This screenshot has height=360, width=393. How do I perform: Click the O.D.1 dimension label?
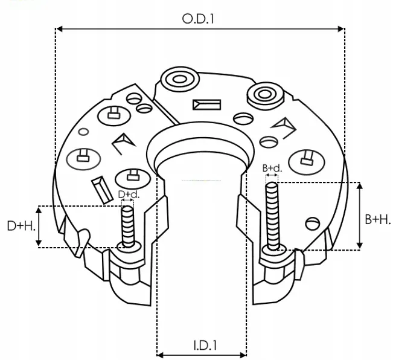tap(199, 18)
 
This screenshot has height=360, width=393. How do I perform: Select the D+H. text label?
tap(21, 226)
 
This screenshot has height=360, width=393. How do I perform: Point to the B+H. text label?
tap(378, 219)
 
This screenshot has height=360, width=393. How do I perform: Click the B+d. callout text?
tap(272, 167)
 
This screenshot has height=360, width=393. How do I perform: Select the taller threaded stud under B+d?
tap(272, 214)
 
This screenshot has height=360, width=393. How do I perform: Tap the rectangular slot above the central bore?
tap(207, 104)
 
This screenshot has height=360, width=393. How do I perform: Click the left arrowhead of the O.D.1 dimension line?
tap(59, 28)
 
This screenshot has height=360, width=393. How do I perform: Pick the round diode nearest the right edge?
tap(306, 160)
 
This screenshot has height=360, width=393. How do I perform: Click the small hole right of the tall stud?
tap(312, 222)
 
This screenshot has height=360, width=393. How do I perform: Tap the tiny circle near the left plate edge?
tap(84, 131)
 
